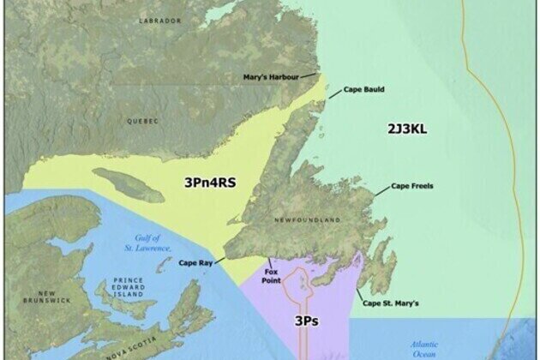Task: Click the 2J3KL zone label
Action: (407, 129)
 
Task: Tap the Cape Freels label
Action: (412, 185)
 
